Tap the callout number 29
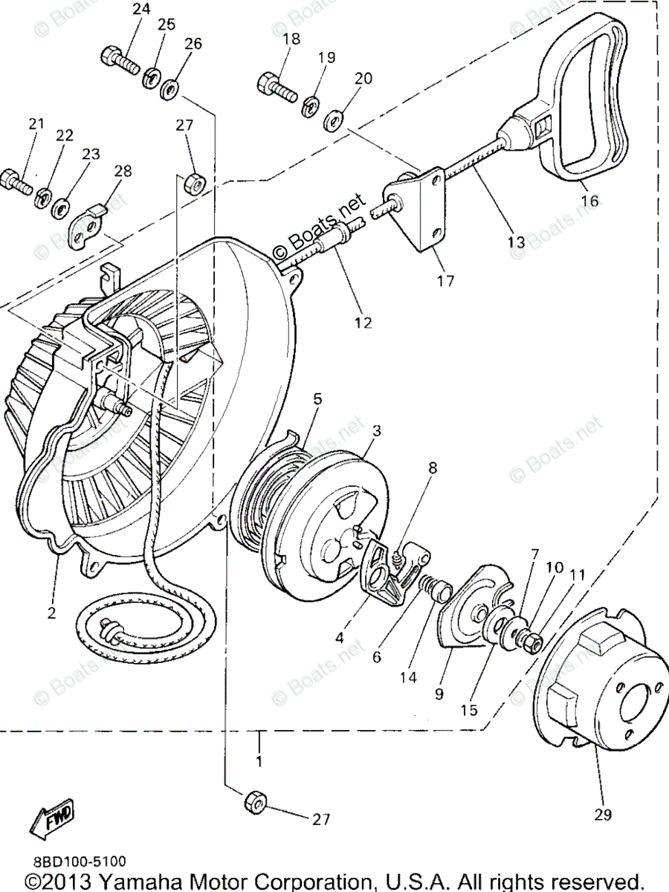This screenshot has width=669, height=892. pyautogui.click(x=603, y=815)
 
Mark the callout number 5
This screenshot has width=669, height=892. pyautogui.click(x=317, y=399)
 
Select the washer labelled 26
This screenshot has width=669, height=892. pyautogui.click(x=169, y=89)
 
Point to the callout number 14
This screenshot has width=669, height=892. pyautogui.click(x=408, y=677)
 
